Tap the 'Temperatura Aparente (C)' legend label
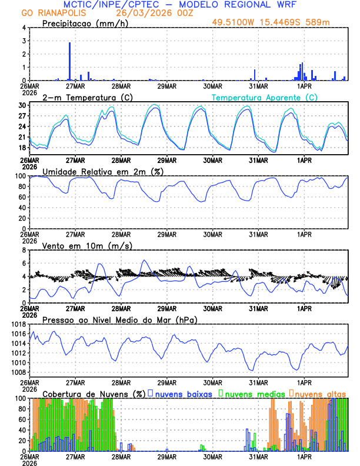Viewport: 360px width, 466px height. (264, 97)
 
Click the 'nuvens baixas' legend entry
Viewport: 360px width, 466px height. (184, 393)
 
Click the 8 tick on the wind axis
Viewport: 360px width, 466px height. (24, 250)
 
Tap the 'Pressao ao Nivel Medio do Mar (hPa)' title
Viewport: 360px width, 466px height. (119, 319)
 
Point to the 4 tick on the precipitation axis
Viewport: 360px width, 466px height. (24, 28)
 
